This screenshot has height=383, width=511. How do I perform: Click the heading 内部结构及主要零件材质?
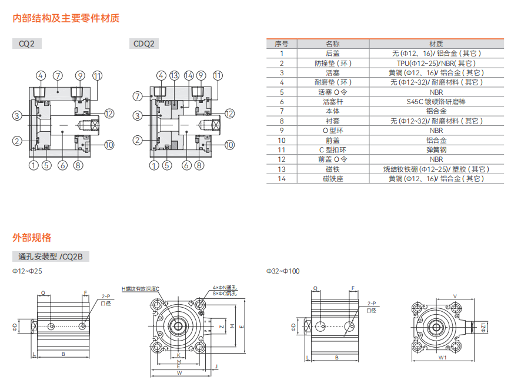(x=66, y=18)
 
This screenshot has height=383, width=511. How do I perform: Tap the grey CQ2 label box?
(x=26, y=44)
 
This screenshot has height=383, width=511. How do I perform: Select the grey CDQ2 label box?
(x=143, y=44)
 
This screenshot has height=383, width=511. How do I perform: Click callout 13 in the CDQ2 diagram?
(x=175, y=76)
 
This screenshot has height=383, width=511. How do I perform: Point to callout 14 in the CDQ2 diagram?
(x=189, y=76)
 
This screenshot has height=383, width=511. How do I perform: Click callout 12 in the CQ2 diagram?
(x=109, y=114)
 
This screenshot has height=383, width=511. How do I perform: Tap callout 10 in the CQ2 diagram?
(x=109, y=145)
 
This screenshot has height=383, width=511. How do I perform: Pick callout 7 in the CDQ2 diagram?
(x=138, y=96)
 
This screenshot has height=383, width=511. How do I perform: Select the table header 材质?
(x=436, y=44)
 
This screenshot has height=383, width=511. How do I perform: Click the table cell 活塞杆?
(x=333, y=102)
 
